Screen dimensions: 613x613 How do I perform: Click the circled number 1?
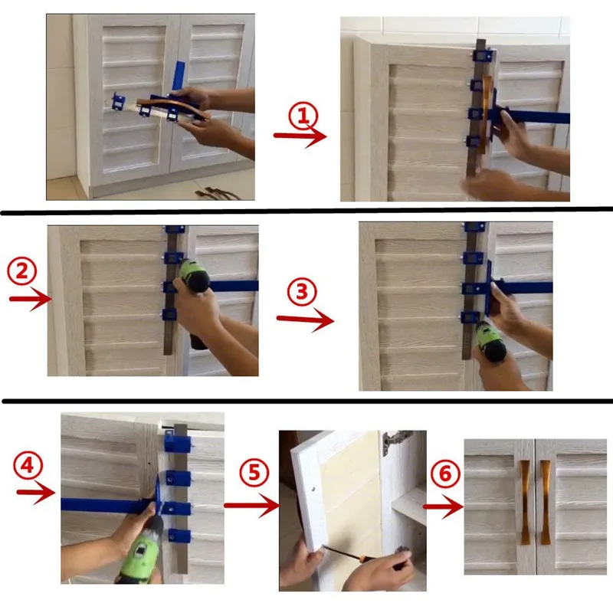coord(303,117)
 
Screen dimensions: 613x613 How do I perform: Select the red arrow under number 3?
coord(305,319)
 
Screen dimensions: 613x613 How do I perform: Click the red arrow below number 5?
coord(251,505)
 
